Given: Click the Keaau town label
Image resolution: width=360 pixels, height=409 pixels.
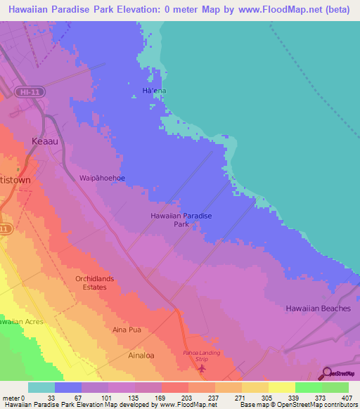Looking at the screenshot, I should [x=47, y=141].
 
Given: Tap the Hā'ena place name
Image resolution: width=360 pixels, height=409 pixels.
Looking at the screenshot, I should [x=155, y=91].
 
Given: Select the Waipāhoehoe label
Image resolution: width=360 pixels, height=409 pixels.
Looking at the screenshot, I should [x=103, y=178].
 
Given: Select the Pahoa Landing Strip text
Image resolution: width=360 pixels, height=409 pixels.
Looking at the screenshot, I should [x=202, y=355].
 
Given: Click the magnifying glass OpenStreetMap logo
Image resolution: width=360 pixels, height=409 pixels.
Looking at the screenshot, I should [x=328, y=373].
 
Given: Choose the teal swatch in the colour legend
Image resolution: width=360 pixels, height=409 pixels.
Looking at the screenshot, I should [x=41, y=387].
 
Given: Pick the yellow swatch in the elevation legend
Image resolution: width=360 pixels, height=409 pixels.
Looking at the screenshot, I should [x=282, y=387].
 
